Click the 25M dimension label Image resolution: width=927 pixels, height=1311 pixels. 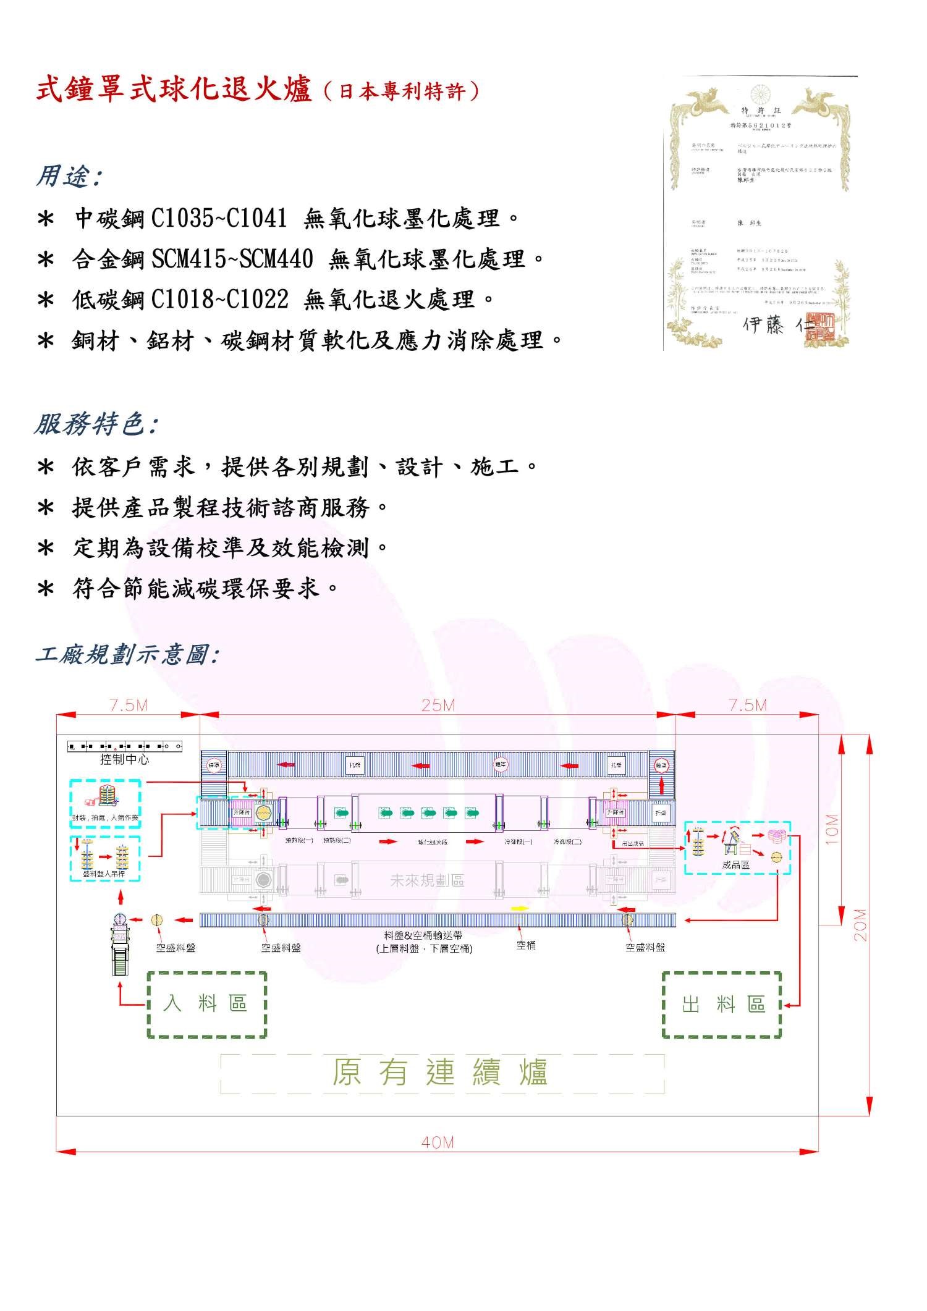438,705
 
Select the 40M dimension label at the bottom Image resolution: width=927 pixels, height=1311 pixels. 438,1143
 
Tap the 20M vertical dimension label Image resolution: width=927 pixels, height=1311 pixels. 860,924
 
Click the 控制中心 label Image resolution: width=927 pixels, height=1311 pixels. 124,759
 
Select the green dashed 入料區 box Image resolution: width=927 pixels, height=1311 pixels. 206,1005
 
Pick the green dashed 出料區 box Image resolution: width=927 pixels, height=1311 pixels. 722,1005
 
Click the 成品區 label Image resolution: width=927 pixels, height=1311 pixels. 735,865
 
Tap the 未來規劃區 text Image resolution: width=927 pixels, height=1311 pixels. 426,880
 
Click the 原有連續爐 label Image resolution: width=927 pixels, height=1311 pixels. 440,1073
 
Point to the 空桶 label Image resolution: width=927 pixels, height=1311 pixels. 526,945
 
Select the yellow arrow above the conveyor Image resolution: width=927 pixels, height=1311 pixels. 520,909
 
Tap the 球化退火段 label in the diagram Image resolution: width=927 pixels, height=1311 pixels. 432,841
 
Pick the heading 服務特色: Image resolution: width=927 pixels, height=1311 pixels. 96,424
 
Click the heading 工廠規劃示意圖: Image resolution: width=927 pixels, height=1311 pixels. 127,654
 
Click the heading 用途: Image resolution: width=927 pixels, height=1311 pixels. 69,177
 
